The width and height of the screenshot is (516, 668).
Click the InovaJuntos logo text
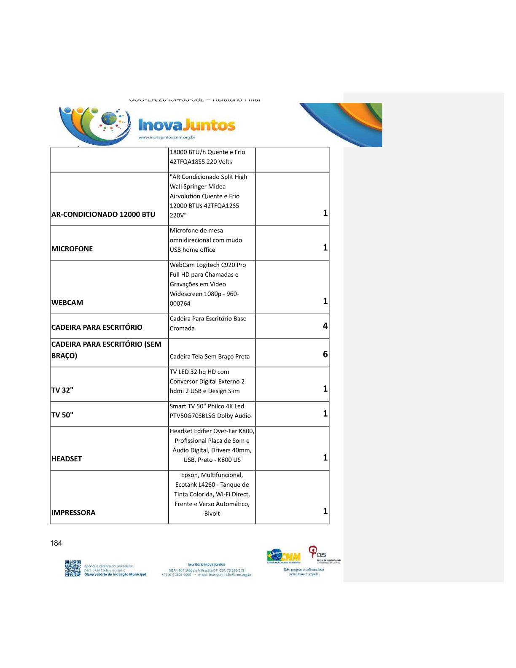(187, 125)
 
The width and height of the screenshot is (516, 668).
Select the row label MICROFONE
(72, 249)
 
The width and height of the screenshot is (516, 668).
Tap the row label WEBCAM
(67, 302)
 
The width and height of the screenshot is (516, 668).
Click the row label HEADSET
(67, 459)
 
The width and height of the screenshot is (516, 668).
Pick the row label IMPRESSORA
(73, 512)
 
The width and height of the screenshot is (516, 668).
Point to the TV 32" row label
(62, 390)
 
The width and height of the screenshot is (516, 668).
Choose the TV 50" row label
(62, 415)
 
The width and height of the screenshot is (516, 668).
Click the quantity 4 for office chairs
(325, 326)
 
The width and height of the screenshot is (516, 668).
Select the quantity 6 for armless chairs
(325, 354)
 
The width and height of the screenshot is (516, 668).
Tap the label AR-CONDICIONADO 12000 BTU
(103, 214)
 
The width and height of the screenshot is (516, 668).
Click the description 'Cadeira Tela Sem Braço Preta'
(210, 356)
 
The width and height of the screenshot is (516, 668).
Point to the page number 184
(56, 543)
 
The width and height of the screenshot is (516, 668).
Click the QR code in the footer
(73, 568)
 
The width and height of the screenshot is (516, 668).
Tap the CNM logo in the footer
(284, 557)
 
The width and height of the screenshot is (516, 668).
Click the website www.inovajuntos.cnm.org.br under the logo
(167, 137)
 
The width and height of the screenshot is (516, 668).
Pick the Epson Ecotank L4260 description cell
(212, 494)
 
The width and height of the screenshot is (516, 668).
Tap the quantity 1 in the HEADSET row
(325, 458)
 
